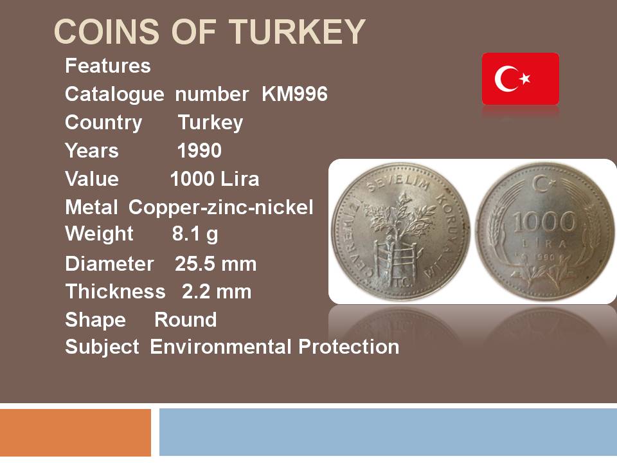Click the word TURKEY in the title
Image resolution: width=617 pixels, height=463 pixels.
point(298,32)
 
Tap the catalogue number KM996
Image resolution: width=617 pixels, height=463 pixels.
point(295,94)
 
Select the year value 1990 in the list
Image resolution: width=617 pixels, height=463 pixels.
point(199,150)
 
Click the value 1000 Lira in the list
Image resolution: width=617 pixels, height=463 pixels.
point(215,179)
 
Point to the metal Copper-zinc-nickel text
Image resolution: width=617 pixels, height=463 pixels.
point(220,208)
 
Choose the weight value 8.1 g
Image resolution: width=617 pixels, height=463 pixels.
point(195,235)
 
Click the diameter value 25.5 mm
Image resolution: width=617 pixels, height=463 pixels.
point(216,264)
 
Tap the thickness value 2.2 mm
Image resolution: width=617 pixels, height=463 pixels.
point(217,292)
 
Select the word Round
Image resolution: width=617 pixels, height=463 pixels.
point(185,320)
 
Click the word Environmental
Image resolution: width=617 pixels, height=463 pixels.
point(220,347)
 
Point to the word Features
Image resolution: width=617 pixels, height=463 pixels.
point(108,66)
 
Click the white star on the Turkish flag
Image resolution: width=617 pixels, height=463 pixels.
point(525,78)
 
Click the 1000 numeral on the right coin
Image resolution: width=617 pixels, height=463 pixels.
point(544,222)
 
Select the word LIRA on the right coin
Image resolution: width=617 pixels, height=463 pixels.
point(544,244)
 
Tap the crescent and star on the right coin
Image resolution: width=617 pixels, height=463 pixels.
point(544,183)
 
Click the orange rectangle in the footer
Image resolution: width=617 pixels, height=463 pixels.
point(76,432)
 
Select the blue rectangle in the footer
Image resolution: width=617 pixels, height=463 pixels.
point(388,432)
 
